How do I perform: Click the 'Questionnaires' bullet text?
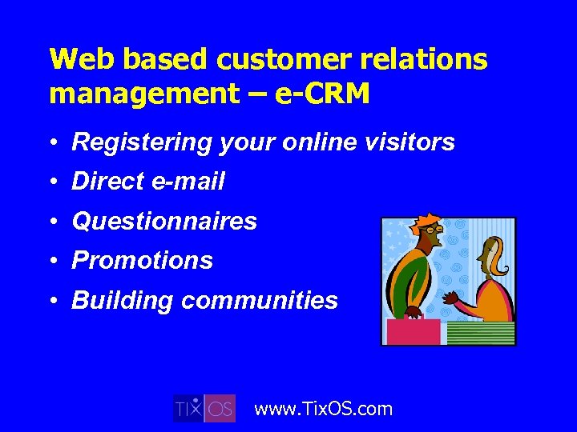(164, 222)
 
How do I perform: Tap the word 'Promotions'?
(142, 261)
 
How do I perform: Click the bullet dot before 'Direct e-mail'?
(53, 182)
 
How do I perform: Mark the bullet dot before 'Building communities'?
(53, 301)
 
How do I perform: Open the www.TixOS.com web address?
(323, 409)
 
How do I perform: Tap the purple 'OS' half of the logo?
(220, 408)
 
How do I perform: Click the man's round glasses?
(434, 230)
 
